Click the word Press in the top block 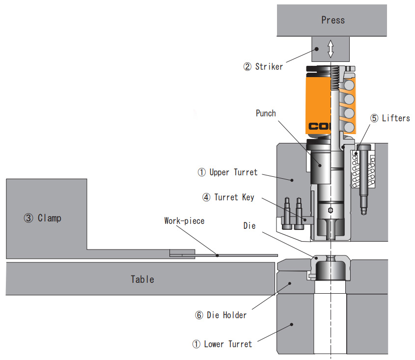pyautogui.click(x=333, y=20)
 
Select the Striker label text pyautogui.click(x=269, y=66)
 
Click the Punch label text pyautogui.click(x=266, y=113)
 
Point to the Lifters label pyautogui.click(x=396, y=118)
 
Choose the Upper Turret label pyautogui.click(x=233, y=172)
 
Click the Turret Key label pyautogui.click(x=234, y=197)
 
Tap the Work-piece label pyautogui.click(x=184, y=221)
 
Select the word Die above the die pyautogui.click(x=249, y=226)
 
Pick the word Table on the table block pyautogui.click(x=142, y=279)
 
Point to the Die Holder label pyautogui.click(x=226, y=315)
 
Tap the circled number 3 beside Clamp pyautogui.click(x=28, y=218)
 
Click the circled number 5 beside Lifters pyautogui.click(x=375, y=118)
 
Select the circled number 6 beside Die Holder pyautogui.click(x=199, y=315)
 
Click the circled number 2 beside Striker pyautogui.click(x=248, y=67)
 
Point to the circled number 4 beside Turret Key pyautogui.click(x=206, y=197)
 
